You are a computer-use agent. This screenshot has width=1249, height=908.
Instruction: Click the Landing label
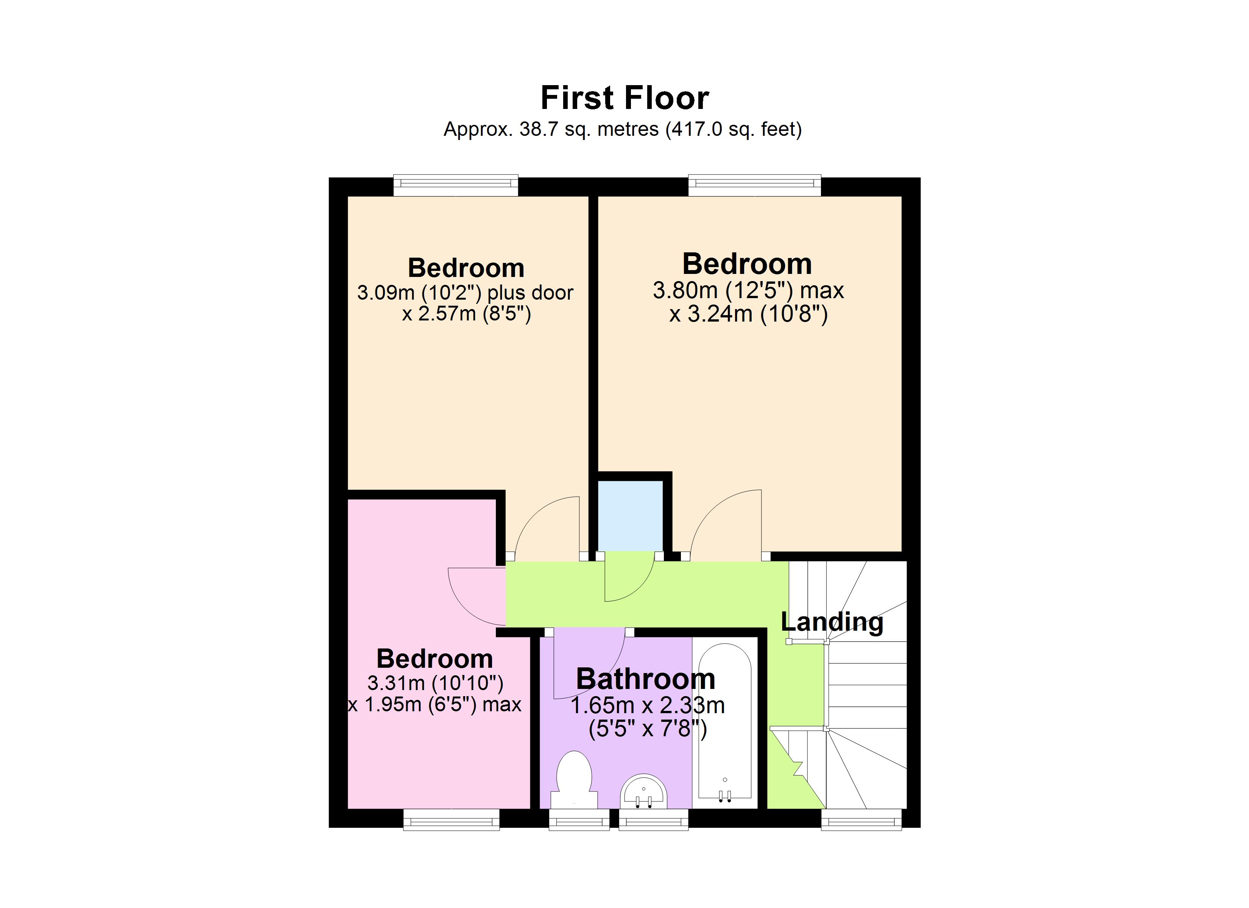(832, 622)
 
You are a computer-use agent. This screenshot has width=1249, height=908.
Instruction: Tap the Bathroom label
(645, 679)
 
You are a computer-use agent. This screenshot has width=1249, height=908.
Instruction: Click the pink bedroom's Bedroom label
(435, 659)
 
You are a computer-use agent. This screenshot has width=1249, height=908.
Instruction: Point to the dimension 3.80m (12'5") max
(748, 290)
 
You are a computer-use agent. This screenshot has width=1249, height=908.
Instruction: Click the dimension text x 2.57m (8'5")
(466, 314)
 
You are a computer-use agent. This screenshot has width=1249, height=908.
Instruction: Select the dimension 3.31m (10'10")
(435, 683)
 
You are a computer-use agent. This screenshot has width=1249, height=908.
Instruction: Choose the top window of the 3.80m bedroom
(754, 185)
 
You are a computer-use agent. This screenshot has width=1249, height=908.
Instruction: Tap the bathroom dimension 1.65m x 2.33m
(647, 706)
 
